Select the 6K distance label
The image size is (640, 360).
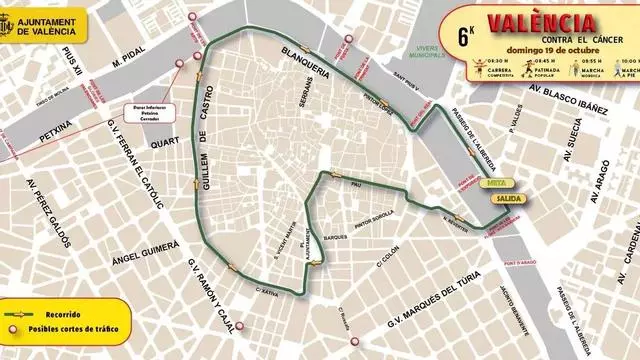coord(465,34)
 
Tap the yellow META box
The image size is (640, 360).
coord(496,184)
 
